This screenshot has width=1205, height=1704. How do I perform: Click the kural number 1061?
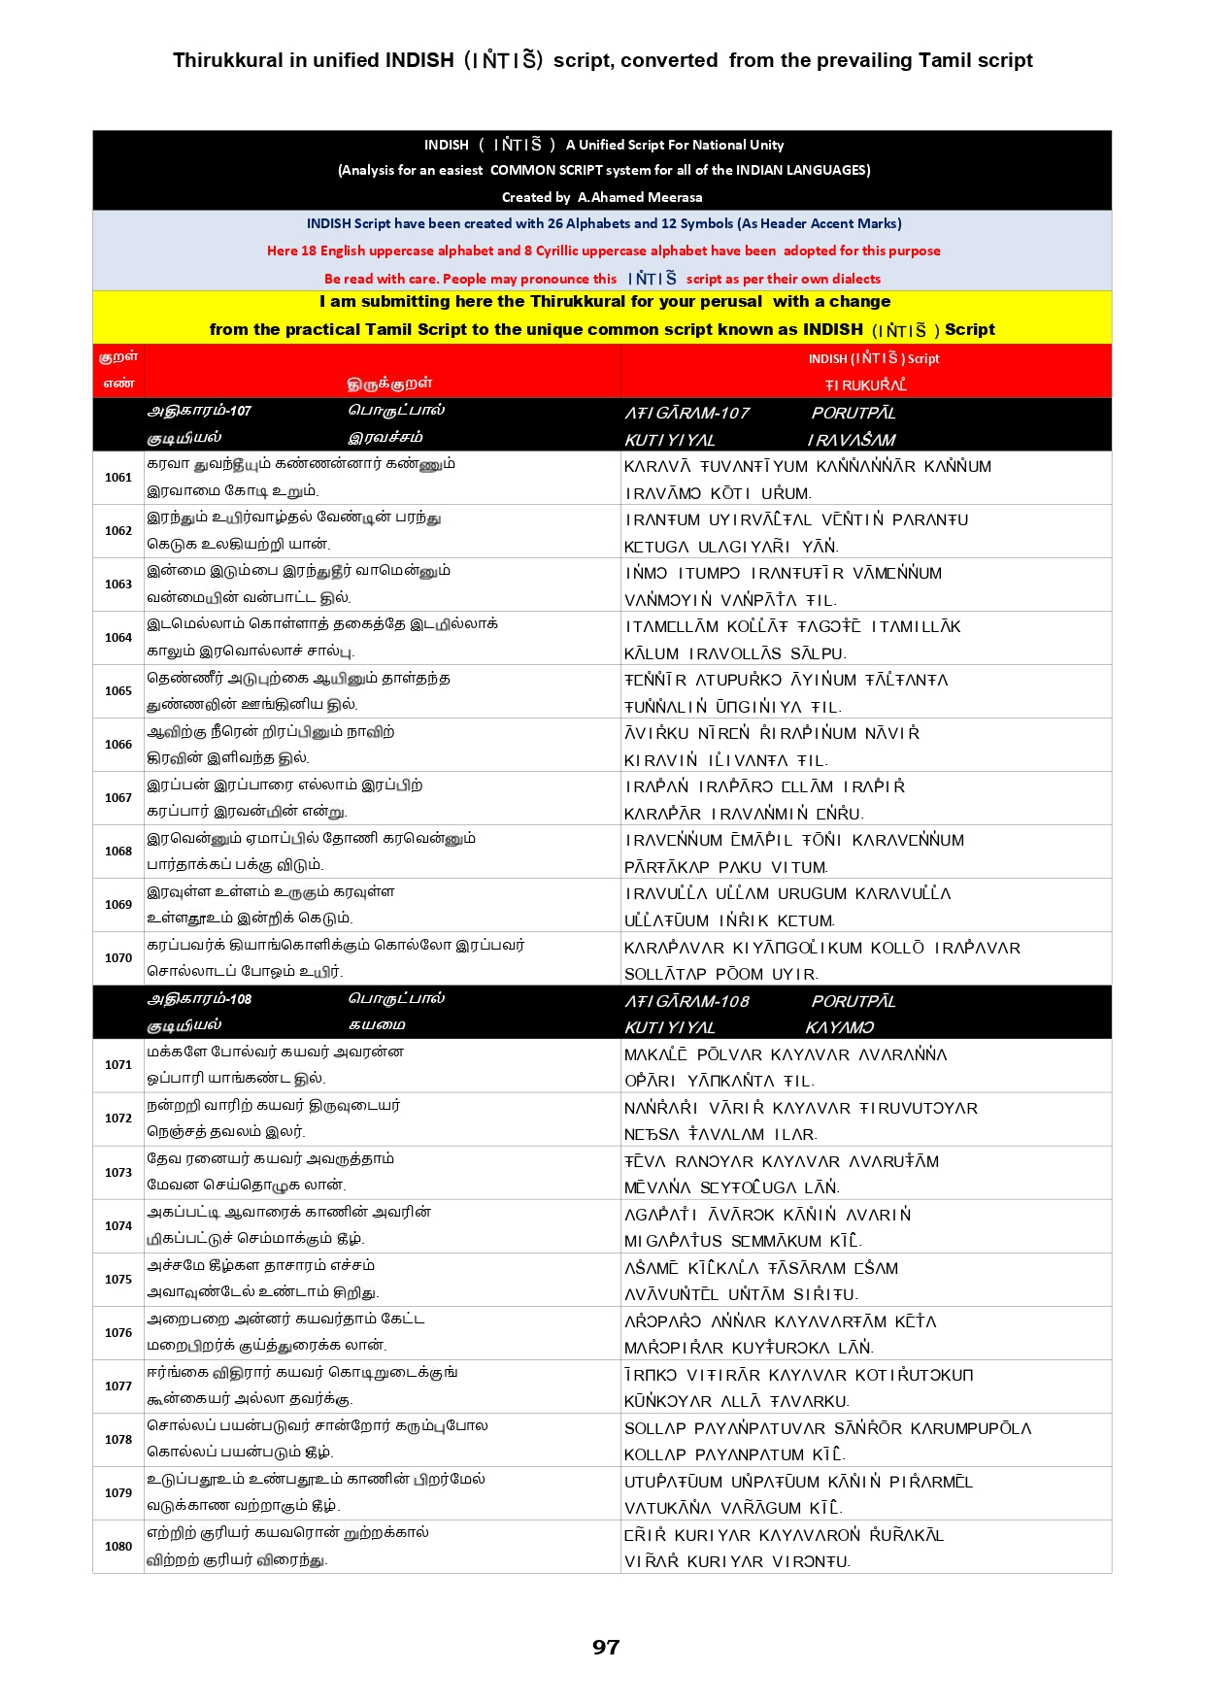[x=118, y=478]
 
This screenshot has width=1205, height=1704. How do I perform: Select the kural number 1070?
[x=118, y=958]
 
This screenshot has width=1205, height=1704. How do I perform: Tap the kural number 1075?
[x=118, y=1280]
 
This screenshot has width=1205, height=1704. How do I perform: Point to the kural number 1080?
[x=118, y=1547]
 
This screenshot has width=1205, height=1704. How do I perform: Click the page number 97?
[x=606, y=1647]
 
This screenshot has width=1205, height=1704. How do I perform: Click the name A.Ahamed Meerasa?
[x=640, y=197]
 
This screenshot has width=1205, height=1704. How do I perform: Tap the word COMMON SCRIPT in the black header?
[x=549, y=170]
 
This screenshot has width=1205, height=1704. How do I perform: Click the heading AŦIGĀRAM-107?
[x=686, y=414]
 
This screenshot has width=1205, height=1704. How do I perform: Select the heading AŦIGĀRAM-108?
[x=686, y=1001]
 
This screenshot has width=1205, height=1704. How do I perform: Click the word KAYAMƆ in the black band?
[x=840, y=1027]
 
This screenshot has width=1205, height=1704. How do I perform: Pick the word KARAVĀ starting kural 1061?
[x=657, y=467]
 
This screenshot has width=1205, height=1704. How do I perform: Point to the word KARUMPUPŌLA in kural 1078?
[x=971, y=1428]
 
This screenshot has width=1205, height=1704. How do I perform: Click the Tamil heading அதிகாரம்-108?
[x=199, y=999]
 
